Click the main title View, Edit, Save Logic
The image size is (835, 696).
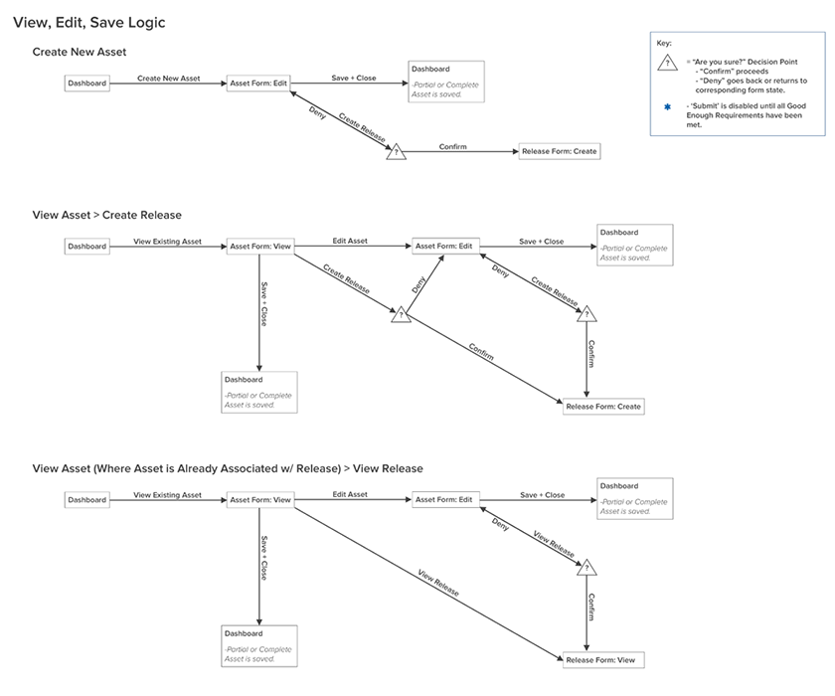(x=89, y=22)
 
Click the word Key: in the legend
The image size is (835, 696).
(x=664, y=43)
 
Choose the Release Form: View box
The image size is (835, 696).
(x=604, y=659)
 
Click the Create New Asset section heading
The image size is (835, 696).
(x=80, y=52)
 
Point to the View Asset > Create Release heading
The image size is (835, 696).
(x=106, y=215)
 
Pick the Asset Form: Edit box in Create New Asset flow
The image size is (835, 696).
(x=258, y=84)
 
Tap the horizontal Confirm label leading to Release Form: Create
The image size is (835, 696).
(x=452, y=147)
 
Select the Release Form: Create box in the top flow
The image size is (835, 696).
(x=560, y=152)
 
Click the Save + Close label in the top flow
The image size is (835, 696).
(x=354, y=79)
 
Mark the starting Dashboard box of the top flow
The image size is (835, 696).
(x=87, y=84)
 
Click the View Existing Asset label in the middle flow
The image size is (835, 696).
(x=168, y=242)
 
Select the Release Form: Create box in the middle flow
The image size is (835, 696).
(x=603, y=406)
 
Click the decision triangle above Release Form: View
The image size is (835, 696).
(x=586, y=568)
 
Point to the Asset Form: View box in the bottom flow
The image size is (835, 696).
(x=260, y=500)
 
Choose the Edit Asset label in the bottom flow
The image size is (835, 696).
(x=350, y=495)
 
